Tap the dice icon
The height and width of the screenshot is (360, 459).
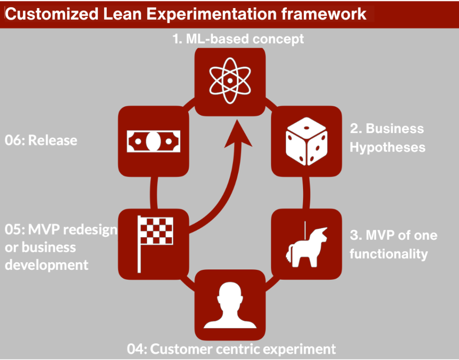(x=307, y=140)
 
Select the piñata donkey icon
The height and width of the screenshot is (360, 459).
(x=307, y=244)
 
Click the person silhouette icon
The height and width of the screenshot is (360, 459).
(x=229, y=305)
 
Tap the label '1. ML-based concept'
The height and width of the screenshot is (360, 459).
(x=238, y=39)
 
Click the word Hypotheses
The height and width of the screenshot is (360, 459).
(x=387, y=147)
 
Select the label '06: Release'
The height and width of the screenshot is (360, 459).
(x=41, y=140)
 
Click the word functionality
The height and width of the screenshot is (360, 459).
(x=388, y=254)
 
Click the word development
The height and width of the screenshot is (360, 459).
(x=47, y=265)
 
